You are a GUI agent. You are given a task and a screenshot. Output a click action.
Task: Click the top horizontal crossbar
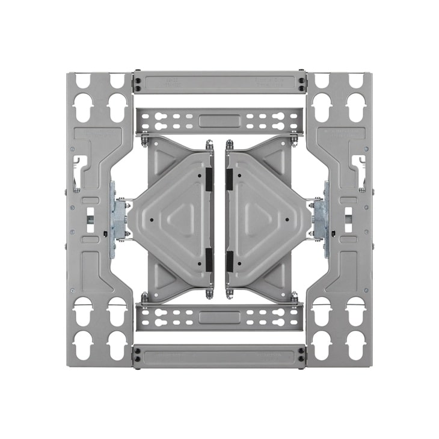click(x=219, y=82)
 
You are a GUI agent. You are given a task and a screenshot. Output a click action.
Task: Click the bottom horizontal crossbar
click(x=219, y=355)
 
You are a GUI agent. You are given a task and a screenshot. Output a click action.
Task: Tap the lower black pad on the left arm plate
click(x=209, y=259)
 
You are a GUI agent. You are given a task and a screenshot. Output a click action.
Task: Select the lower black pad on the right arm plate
click(x=229, y=259)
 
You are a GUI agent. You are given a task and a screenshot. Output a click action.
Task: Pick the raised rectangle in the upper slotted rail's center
click(x=219, y=121)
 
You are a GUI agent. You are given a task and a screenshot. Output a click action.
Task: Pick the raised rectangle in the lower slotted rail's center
click(x=219, y=317)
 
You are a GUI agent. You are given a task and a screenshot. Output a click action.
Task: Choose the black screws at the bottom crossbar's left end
click(x=138, y=355)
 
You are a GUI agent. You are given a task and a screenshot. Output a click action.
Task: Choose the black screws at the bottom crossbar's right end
click(x=301, y=355)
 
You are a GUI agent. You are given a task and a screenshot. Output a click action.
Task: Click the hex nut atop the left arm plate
click(x=209, y=145)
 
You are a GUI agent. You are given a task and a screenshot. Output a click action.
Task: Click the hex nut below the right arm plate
click(x=230, y=294)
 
